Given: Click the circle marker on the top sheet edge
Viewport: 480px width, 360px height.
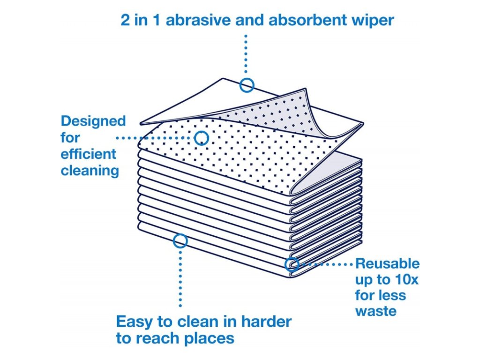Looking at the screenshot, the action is (x=247, y=85).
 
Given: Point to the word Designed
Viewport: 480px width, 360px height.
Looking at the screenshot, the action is (x=93, y=121).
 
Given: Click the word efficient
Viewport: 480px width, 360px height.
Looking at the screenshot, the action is (x=89, y=154).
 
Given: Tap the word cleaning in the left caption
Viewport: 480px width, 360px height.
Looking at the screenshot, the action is (x=90, y=170).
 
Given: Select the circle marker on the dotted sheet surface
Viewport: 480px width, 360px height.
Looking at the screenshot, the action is (x=202, y=138).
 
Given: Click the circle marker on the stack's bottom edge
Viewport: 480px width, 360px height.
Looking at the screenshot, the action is (x=180, y=241).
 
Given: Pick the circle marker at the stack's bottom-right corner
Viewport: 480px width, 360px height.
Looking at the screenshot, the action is (x=292, y=264).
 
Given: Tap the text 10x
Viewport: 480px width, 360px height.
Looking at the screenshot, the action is (x=405, y=279).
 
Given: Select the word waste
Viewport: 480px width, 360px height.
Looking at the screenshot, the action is (x=375, y=311).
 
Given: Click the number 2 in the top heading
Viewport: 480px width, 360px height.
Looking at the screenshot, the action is (x=125, y=21).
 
